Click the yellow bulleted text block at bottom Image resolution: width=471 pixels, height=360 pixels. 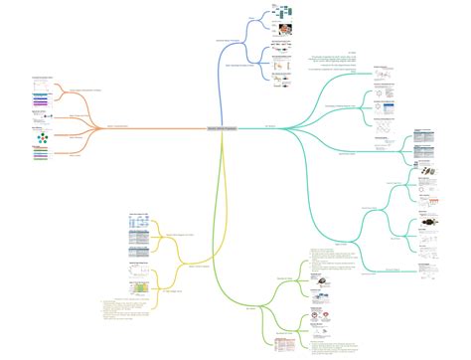pos(124,310)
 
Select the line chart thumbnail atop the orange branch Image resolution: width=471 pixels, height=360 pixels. pos(41,84)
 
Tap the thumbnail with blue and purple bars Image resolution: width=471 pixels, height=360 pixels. pos(41,100)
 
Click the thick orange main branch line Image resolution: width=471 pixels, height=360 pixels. pos(149,127)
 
